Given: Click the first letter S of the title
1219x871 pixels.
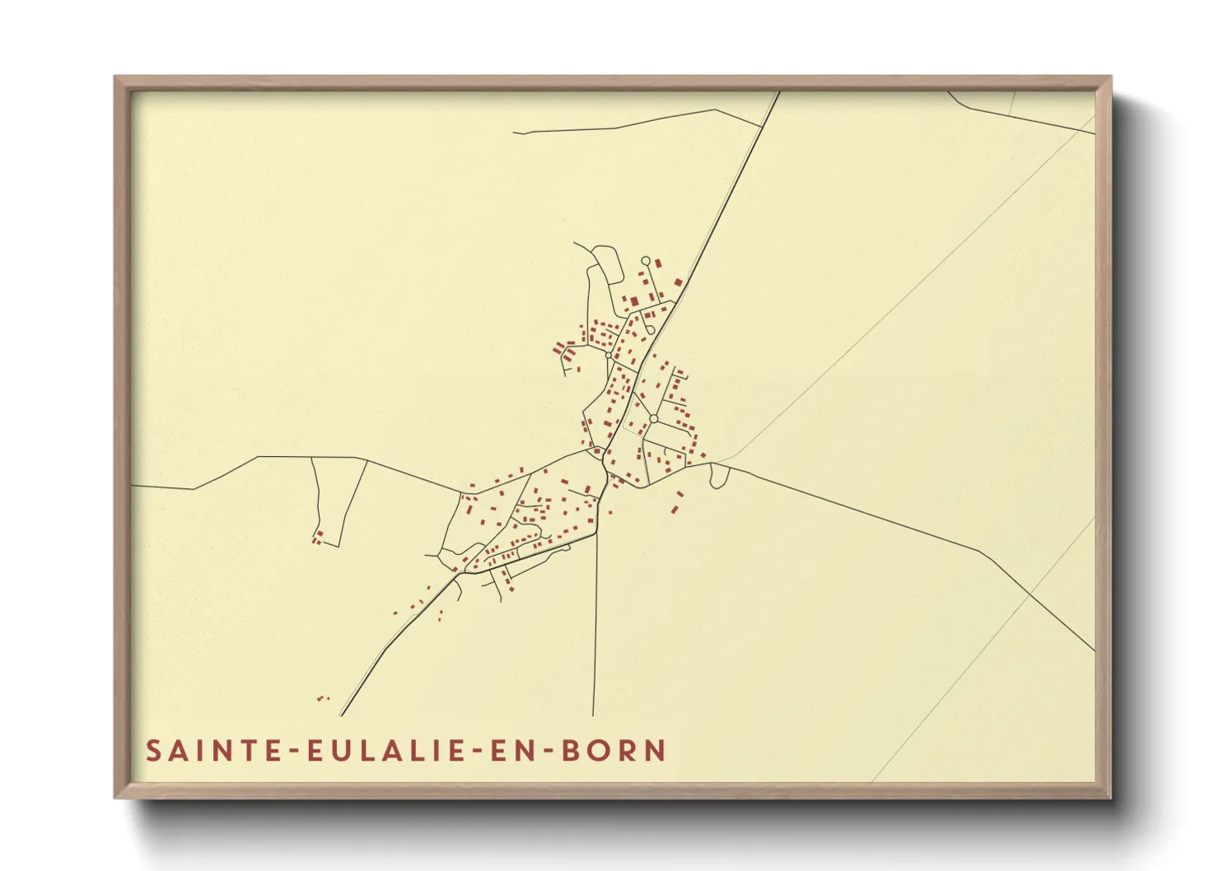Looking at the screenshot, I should point(153,751).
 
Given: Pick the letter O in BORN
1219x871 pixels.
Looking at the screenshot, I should point(600,751).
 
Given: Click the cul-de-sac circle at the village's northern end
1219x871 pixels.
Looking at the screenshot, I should point(646,261).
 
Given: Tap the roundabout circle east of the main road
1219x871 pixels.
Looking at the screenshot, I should point(653,419).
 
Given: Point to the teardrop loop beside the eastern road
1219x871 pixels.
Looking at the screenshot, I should point(719,476).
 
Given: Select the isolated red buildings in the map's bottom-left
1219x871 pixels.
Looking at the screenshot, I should point(322,699).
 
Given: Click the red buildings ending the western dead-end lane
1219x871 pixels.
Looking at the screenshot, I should point(316,538).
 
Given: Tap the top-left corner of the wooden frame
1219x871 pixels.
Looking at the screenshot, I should point(116,78).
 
